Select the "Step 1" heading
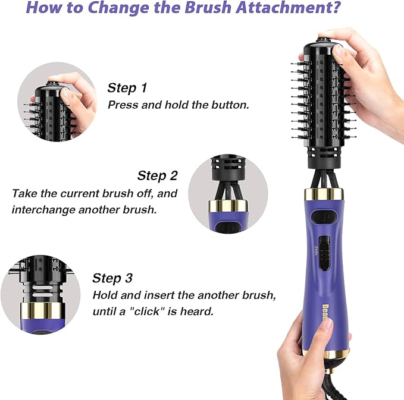tap(127, 89)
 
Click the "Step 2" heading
tap(157, 176)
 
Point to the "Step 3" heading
tap(112, 278)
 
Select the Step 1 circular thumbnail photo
tap(57, 100)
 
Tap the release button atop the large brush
tap(322, 42)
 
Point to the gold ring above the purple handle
tap(324, 194)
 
